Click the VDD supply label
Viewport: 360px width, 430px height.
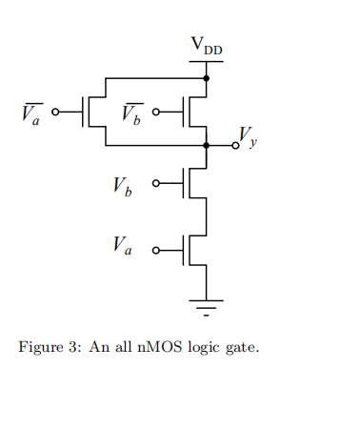[208, 45]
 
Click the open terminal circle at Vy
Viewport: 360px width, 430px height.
[234, 146]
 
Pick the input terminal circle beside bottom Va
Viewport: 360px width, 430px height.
[157, 250]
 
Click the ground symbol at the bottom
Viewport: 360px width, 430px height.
[207, 306]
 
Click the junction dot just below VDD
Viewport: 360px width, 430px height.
[207, 78]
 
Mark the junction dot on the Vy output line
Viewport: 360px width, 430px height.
[207, 146]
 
